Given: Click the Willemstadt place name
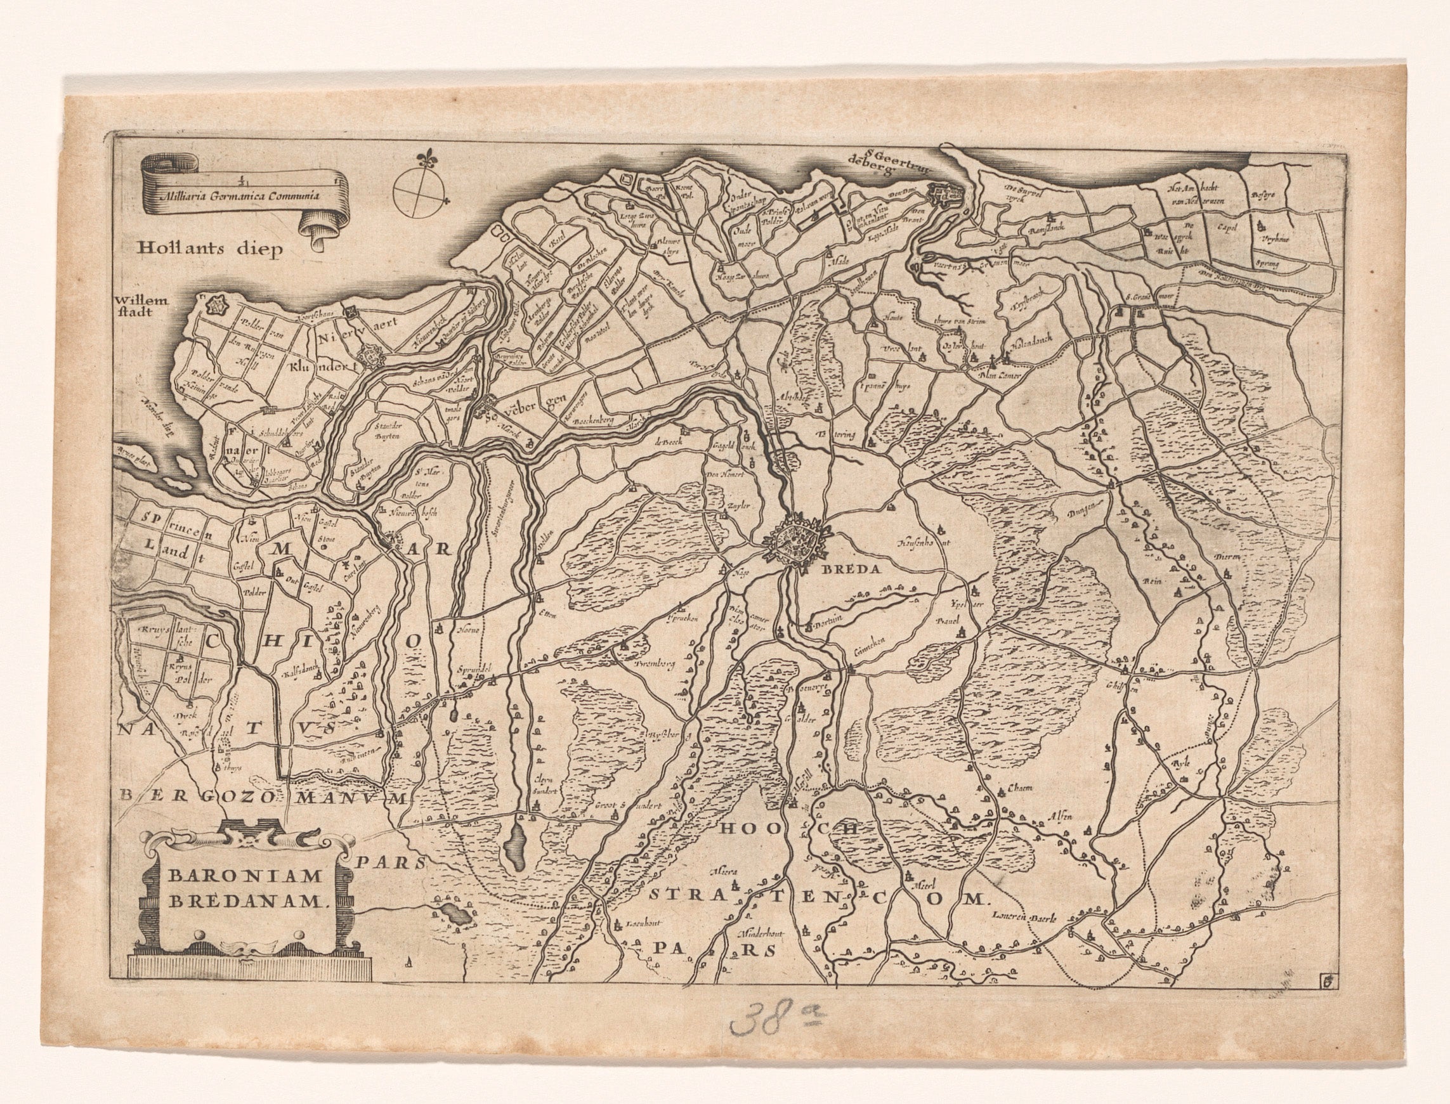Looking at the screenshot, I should pos(141,306).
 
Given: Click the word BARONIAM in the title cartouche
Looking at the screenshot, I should pos(245,876).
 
